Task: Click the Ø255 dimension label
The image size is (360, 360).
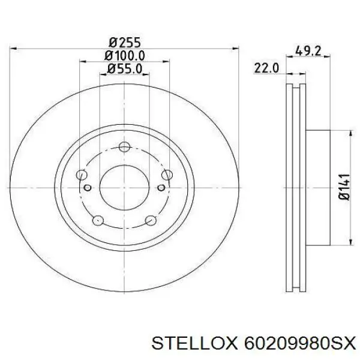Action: [x=124, y=43]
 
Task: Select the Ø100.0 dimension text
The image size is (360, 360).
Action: [x=124, y=56]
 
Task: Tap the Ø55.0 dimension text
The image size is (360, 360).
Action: [x=125, y=68]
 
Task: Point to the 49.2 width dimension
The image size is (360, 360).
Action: [x=308, y=51]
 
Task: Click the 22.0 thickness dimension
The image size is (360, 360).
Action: [x=266, y=68]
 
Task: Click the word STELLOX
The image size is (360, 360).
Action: [x=194, y=344]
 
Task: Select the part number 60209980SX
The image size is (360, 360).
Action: [x=300, y=344]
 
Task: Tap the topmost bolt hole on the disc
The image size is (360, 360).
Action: [x=125, y=147]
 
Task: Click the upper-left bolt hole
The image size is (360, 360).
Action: [x=82, y=175]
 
